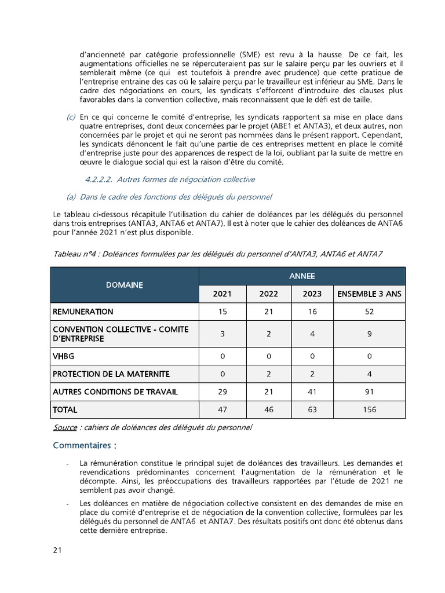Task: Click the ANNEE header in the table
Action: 302,276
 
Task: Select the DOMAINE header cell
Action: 125,285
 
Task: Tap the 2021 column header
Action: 222,294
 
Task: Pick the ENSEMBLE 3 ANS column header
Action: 369,294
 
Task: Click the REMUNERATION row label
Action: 83,312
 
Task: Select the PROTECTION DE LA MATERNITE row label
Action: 111,374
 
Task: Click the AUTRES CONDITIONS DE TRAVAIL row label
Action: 115,392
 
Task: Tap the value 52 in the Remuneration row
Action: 369,312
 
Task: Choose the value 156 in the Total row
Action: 369,409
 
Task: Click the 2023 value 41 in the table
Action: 312,392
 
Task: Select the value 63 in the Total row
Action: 312,409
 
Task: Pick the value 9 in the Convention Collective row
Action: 369,334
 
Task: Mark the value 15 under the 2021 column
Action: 222,312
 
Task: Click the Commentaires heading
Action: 82,445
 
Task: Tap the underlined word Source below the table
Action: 65,427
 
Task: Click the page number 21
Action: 57,550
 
